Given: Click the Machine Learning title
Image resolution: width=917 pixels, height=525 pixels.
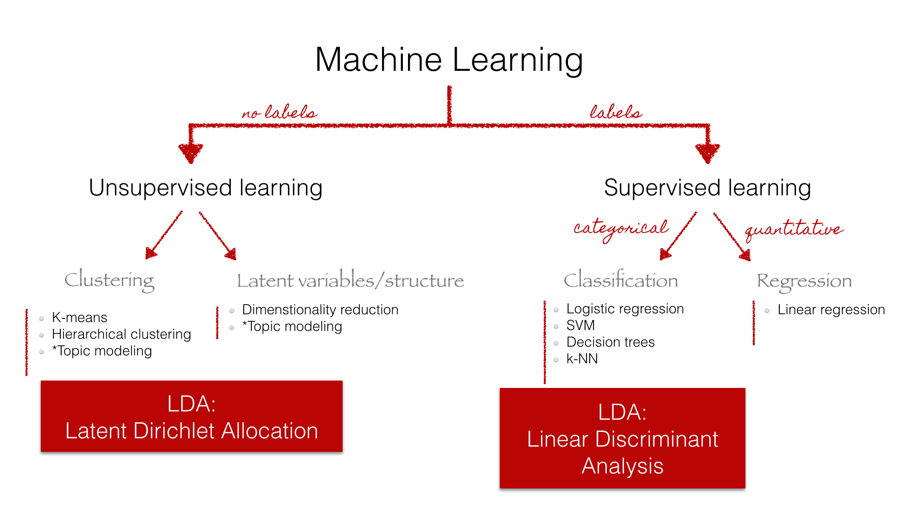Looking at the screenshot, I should coord(449,60).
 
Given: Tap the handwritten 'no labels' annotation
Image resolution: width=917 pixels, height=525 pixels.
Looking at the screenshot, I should coord(280,112).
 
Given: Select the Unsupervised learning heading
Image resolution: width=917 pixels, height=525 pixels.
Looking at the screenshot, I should coord(205,188).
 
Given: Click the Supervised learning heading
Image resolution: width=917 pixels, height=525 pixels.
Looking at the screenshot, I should coord(707,188).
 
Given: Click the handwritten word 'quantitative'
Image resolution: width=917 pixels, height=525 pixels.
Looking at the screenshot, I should coord(794,229).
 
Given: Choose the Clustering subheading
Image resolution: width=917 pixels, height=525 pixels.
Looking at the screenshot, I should coord(109,280).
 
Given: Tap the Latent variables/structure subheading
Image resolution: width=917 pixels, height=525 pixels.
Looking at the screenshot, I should coord(350,281).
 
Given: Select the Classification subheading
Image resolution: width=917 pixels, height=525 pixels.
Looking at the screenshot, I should coord(620,281).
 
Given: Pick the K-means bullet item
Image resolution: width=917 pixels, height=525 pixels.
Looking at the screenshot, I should coord(79,318).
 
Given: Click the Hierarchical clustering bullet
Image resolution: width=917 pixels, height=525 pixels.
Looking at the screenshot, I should coord(121,334).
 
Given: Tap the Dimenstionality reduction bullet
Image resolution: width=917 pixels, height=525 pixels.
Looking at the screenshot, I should coord(320,310).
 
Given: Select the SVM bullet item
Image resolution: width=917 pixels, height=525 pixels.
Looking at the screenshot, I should coord(580,325).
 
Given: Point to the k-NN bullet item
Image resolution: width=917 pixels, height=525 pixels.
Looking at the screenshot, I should coord(582,359).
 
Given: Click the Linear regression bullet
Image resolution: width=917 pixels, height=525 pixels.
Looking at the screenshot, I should coord(831,310).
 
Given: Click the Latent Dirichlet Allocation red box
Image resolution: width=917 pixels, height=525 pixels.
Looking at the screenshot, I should coord(191,417).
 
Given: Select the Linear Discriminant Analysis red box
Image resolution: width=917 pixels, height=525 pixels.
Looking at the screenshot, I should coord(622,438).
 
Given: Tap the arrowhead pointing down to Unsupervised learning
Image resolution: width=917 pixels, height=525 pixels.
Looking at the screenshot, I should coord(191,153).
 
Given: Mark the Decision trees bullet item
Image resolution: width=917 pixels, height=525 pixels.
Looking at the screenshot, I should coord(610,342).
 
